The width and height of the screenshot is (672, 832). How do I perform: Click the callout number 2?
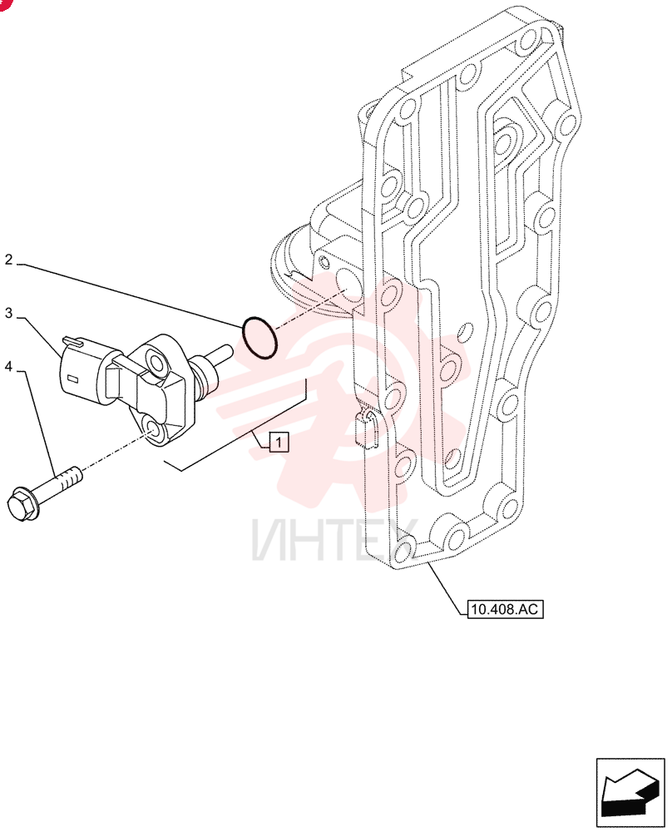coord(8,260)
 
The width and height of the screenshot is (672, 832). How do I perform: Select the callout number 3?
coord(8,313)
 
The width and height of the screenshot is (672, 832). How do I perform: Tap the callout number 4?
coord(8,366)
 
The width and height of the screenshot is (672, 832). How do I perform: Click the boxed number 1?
coord(279,442)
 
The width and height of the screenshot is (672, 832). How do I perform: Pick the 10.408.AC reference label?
coord(505,609)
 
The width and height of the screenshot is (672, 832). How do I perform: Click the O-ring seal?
coord(259,338)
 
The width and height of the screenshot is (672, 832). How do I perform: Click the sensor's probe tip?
coord(222,351)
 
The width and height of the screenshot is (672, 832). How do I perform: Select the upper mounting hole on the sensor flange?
coord(156,363)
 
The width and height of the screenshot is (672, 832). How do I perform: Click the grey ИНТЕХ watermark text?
coord(333,541)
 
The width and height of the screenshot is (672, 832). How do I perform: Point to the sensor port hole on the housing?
coord(348,285)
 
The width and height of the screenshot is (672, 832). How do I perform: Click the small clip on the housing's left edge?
coord(364,426)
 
